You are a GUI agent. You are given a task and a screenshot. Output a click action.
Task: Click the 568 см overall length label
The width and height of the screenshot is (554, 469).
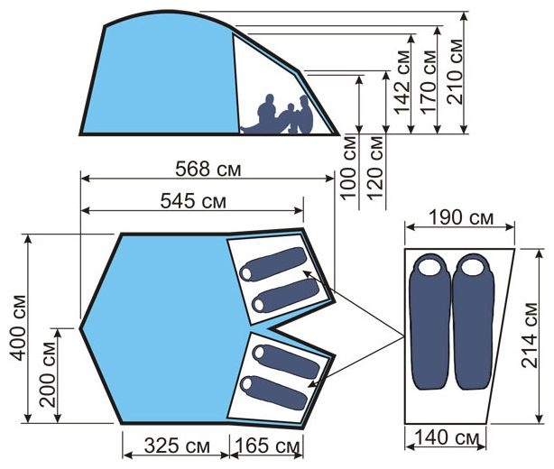(208, 170)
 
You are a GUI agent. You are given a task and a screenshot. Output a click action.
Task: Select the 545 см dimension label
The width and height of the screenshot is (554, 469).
(193, 201)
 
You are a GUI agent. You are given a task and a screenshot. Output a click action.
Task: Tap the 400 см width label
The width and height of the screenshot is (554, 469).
(18, 327)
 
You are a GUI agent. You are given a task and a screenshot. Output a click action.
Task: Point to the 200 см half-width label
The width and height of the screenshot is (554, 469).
(48, 374)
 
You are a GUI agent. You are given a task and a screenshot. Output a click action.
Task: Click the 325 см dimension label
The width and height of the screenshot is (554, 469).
(177, 446)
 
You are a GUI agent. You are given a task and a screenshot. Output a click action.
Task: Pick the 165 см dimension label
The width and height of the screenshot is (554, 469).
(267, 446)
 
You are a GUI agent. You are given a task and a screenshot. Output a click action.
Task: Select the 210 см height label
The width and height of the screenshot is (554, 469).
(455, 71)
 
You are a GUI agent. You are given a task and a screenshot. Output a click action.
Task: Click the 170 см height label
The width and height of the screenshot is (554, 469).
(429, 82)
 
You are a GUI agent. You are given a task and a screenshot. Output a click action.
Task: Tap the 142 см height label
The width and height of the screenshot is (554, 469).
(402, 83)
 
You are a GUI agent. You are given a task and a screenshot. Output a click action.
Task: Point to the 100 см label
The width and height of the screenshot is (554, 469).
(348, 168)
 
